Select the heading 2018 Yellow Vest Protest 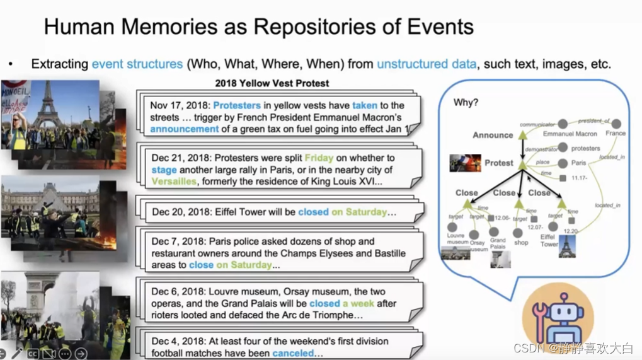(x=272, y=83)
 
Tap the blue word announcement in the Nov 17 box (x=185, y=129)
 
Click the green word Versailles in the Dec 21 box (x=174, y=182)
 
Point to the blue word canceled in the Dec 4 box (x=293, y=354)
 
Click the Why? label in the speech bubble (x=466, y=102)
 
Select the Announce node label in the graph (x=493, y=135)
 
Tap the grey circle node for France (x=616, y=124)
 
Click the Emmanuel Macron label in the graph (x=570, y=134)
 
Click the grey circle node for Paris (x=563, y=163)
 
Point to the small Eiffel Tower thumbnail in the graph (x=567, y=246)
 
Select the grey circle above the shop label (x=518, y=233)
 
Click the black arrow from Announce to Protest (x=522, y=149)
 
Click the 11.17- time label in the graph (x=579, y=178)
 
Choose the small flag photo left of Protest (x=465, y=163)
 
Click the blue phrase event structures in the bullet (x=137, y=64)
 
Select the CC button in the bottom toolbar (x=32, y=354)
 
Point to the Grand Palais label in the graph (x=497, y=243)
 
